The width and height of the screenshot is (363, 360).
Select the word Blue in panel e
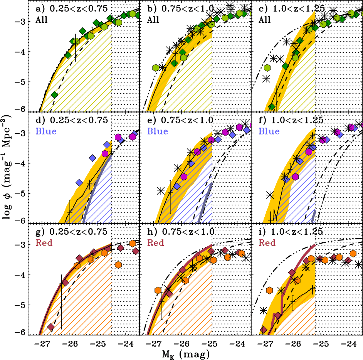(x=156, y=131)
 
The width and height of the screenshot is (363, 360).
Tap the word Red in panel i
(x=267, y=243)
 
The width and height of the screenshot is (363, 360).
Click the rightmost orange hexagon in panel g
(x=132, y=244)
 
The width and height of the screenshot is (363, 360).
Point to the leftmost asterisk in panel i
(x=264, y=310)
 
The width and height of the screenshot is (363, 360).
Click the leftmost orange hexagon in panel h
(x=158, y=290)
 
